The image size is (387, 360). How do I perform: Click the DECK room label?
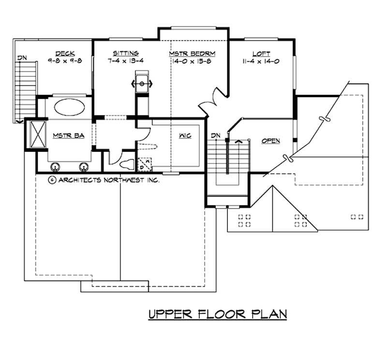(65, 53)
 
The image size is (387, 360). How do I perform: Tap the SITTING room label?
(126, 53)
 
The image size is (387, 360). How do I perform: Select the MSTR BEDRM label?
(192, 54)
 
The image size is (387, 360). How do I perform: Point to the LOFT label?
(261, 54)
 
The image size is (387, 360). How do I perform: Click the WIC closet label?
(185, 136)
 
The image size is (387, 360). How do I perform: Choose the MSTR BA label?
(69, 135)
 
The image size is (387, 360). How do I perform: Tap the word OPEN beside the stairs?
(271, 141)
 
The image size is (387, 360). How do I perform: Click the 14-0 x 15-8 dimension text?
(192, 61)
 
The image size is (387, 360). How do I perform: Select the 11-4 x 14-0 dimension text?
(261, 61)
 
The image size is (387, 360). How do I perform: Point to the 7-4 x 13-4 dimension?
(126, 61)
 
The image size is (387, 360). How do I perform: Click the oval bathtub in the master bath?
(70, 107)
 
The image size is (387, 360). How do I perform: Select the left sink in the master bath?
(55, 167)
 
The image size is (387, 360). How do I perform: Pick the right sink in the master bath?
(84, 167)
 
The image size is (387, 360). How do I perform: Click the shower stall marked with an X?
(38, 134)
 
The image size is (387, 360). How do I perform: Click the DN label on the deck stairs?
(22, 58)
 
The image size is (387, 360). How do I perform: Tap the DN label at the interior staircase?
(216, 135)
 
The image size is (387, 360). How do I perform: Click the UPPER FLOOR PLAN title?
(218, 314)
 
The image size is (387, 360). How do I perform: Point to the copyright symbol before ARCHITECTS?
(52, 180)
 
